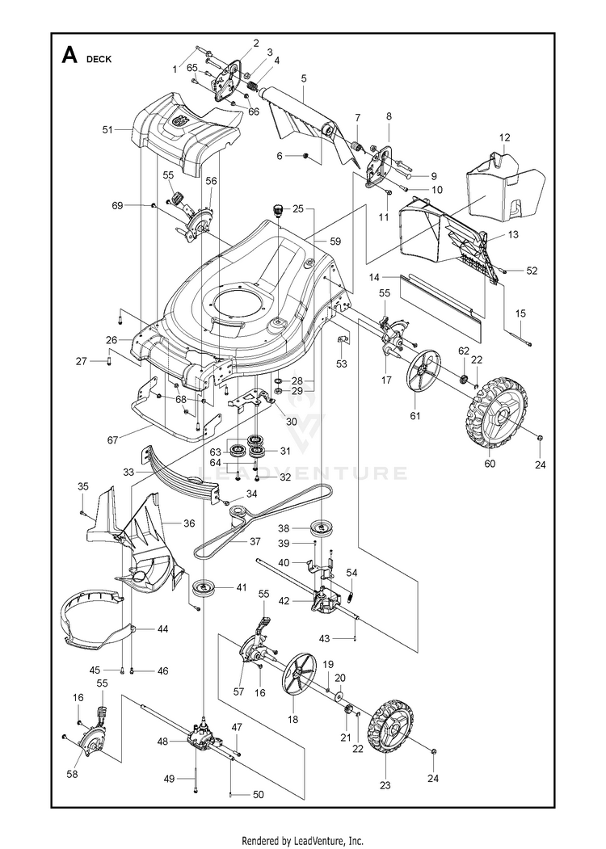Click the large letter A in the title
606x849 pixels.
69,56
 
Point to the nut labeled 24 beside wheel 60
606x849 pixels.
540,439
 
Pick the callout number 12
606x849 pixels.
504,138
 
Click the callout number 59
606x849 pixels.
335,241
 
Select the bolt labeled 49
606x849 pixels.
196,779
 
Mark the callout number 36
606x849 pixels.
189,523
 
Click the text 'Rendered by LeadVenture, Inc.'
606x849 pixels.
303,840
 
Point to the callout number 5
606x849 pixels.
303,78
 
